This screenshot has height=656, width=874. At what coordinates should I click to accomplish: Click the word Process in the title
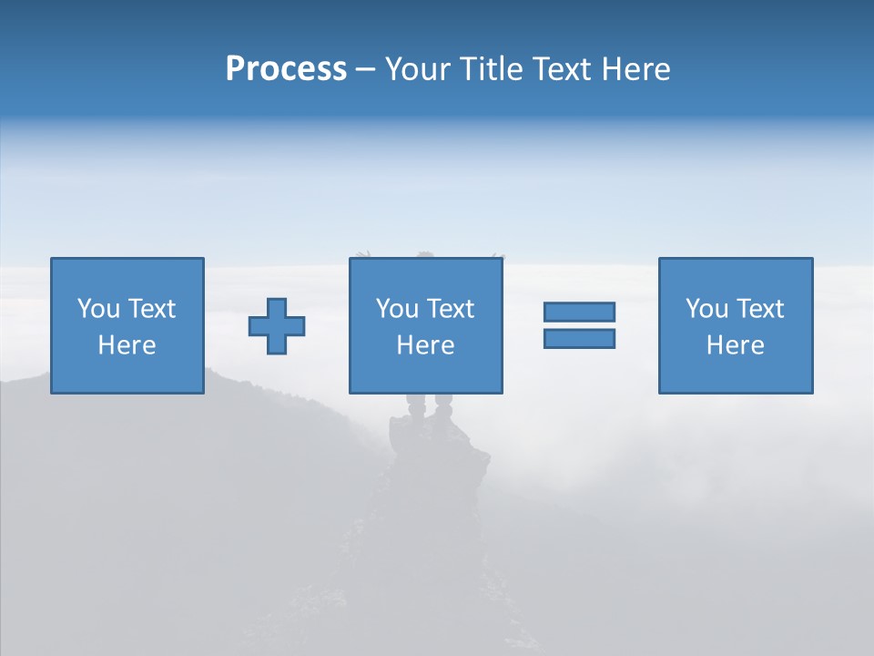click(286, 69)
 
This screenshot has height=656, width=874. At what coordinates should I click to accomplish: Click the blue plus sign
click(277, 326)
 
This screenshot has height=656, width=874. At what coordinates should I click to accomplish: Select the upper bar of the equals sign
click(579, 312)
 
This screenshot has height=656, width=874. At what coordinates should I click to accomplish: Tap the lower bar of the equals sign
click(579, 338)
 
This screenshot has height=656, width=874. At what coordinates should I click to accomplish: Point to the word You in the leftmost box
click(98, 309)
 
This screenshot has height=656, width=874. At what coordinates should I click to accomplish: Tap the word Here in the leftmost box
click(127, 345)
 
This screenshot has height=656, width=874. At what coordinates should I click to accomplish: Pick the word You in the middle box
click(397, 309)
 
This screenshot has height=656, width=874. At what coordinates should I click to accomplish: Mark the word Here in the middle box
click(426, 345)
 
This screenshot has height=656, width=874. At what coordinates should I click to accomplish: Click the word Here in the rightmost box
click(736, 345)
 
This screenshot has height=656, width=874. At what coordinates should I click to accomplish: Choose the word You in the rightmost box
click(706, 309)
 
